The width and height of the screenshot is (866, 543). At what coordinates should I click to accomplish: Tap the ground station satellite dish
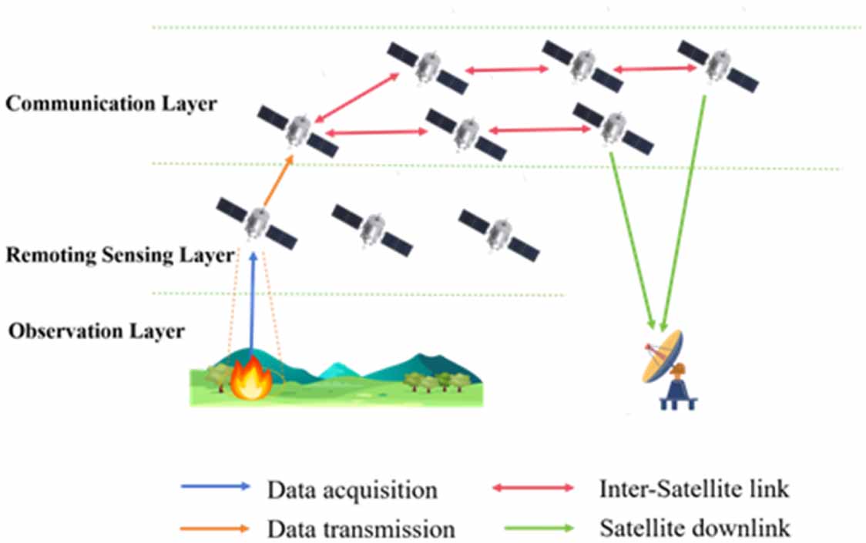pyautogui.click(x=663, y=357)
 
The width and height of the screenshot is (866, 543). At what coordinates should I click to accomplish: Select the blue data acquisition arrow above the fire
pyautogui.click(x=253, y=304)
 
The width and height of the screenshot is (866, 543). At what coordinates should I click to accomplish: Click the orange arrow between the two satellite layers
pyautogui.click(x=278, y=181)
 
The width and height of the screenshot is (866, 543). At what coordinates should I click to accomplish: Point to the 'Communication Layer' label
pyautogui.click(x=112, y=104)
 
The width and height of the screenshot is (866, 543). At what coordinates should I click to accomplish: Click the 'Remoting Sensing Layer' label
pyautogui.click(x=120, y=255)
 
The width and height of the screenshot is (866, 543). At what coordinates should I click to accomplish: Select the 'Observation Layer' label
pyautogui.click(x=96, y=331)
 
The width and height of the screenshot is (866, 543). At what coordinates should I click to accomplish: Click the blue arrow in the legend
pyautogui.click(x=216, y=487)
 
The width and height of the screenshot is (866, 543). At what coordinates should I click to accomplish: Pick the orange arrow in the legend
pyautogui.click(x=215, y=528)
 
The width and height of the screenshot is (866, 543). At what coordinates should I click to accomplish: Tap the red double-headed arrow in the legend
pyautogui.click(x=533, y=488)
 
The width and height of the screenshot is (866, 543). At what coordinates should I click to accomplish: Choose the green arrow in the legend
pyautogui.click(x=539, y=528)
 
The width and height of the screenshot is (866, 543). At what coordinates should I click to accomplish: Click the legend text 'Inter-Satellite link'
pyautogui.click(x=694, y=489)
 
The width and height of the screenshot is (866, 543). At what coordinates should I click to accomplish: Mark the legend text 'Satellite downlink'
pyautogui.click(x=695, y=528)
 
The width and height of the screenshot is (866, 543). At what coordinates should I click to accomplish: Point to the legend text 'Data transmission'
pyautogui.click(x=361, y=529)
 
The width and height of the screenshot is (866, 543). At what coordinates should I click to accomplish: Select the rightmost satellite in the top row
pyautogui.click(x=718, y=65)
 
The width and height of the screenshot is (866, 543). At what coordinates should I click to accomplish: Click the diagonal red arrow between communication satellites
pyautogui.click(x=356, y=97)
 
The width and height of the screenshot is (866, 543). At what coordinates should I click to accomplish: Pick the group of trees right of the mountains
pyautogui.click(x=436, y=381)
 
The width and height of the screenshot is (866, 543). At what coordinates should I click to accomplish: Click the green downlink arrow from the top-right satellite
pyautogui.click(x=684, y=213)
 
